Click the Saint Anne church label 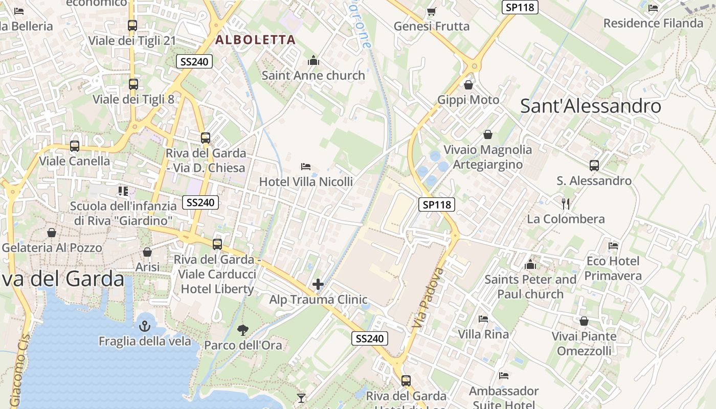point(313,76)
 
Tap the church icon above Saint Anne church point(314,61)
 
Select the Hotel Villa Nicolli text point(306,181)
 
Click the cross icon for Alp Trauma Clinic point(318,284)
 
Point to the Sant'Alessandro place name point(591,106)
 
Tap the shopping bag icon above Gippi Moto point(468,85)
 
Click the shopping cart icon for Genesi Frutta point(431,11)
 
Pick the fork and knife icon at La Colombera point(566,204)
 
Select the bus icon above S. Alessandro point(594,166)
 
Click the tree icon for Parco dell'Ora point(243,330)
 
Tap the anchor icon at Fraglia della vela point(145,326)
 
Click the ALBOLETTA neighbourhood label point(255,40)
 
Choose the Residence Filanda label point(653,24)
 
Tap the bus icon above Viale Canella point(75,146)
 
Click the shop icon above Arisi point(147,252)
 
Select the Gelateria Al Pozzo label point(52,248)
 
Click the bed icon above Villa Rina point(483,320)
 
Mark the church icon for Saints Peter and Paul point(530,265)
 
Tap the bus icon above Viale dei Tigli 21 point(132,26)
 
